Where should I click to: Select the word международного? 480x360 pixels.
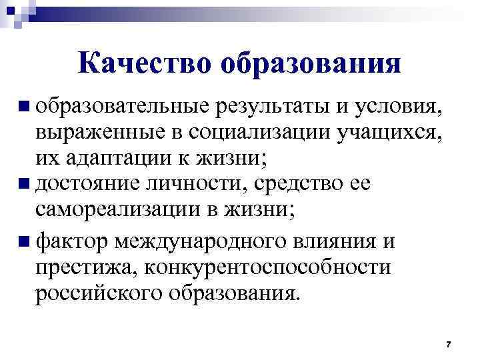[206, 240]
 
